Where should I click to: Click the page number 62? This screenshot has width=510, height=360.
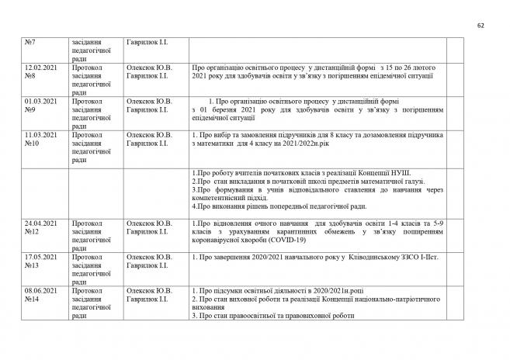[x=480, y=26]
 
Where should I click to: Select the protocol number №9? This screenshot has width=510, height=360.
[x=31, y=109]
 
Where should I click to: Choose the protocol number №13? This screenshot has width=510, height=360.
[x=33, y=265]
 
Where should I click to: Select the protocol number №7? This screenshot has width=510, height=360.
[x=31, y=42]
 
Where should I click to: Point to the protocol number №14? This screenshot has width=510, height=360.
[x=33, y=299]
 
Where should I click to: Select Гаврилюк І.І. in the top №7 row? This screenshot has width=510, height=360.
[x=147, y=42]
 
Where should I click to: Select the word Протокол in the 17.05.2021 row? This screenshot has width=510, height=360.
[x=86, y=257]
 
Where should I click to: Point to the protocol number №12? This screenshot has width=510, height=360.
[x=33, y=232]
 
